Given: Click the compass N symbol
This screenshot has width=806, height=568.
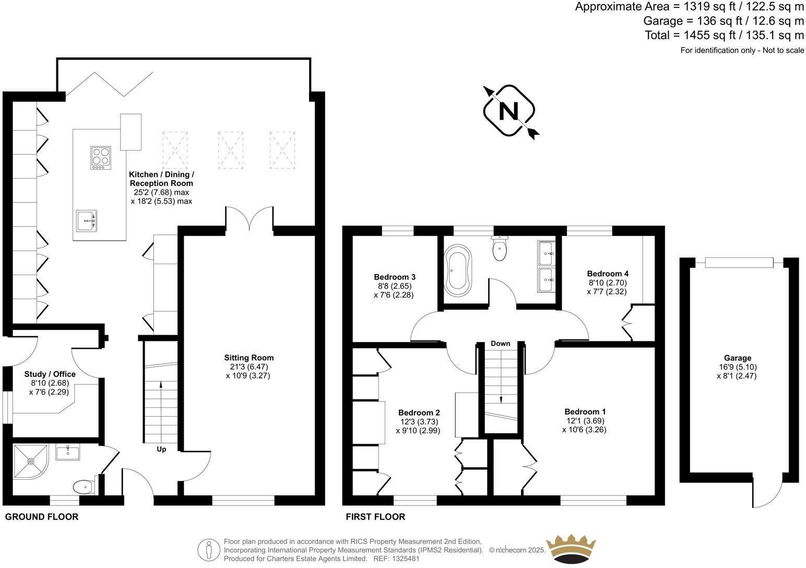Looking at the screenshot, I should (x=509, y=111).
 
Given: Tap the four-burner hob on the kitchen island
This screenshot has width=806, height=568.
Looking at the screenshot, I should (x=101, y=157).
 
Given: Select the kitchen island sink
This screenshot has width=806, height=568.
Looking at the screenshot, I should (x=86, y=221).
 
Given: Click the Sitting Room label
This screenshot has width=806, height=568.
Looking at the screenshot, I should (x=248, y=358).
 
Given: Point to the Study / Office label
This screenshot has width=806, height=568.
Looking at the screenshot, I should (x=50, y=374).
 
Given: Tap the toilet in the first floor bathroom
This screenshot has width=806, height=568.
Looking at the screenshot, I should (x=500, y=249).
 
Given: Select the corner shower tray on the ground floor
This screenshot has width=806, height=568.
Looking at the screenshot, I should (x=30, y=462).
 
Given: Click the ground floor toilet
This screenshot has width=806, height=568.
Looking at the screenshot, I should (x=84, y=487).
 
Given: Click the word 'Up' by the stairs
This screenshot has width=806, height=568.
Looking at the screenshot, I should (x=161, y=449).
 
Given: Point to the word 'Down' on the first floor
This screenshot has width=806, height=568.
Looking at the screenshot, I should (x=500, y=344).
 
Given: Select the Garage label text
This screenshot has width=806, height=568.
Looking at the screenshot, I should (x=738, y=358).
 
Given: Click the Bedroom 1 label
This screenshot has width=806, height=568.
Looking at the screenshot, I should (x=585, y=411).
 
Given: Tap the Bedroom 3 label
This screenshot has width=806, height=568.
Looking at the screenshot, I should (x=395, y=277).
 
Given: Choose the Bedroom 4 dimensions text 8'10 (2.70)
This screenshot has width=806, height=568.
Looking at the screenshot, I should (x=607, y=283).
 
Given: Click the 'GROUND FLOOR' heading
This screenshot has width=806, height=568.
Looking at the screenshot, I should (x=42, y=517).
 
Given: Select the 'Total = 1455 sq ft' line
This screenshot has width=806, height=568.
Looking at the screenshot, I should (x=724, y=35).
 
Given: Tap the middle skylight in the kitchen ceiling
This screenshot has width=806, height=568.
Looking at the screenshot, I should (x=230, y=150).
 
